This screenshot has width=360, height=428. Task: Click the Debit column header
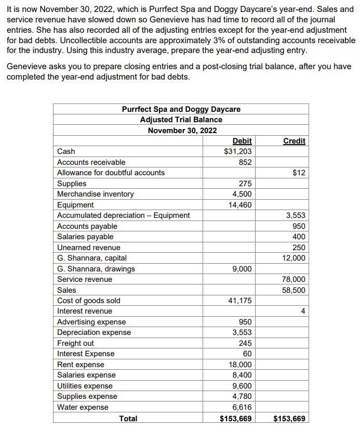point(242,141)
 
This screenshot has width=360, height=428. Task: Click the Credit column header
point(294,141)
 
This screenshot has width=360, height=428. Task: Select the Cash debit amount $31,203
point(237,151)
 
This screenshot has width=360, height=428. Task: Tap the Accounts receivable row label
point(91,162)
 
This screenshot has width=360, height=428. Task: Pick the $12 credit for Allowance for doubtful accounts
point(299,173)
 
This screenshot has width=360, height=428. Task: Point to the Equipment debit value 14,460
point(240,205)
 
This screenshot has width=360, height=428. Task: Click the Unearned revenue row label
point(88,248)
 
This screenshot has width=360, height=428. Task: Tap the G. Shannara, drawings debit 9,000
point(242,269)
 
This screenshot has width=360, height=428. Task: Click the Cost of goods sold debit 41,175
point(240,301)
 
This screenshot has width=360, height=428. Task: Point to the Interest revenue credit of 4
point(303,311)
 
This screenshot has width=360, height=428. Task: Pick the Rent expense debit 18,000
point(240,365)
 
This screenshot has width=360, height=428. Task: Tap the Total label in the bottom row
point(128,418)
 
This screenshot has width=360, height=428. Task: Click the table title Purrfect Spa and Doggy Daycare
point(181,109)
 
